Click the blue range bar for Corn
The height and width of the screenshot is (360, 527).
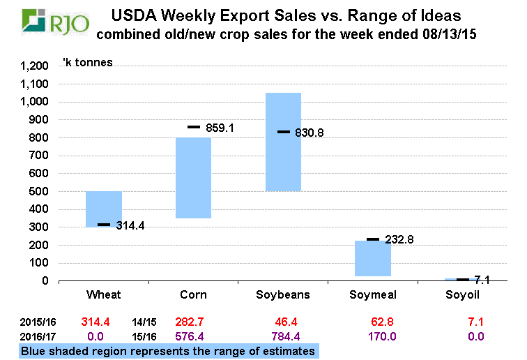pyautogui.click(x=193, y=178)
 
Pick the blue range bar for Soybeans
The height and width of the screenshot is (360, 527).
pyautogui.click(x=283, y=142)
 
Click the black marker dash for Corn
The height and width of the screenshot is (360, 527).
pyautogui.click(x=194, y=127)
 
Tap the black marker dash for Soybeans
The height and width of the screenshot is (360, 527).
pyautogui.click(x=284, y=131)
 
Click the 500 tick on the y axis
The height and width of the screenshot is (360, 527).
pyautogui.click(x=39, y=192)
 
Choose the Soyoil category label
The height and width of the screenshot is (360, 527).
pyautogui.click(x=463, y=295)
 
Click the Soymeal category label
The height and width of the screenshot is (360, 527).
pyautogui.click(x=373, y=295)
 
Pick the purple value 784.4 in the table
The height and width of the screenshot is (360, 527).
pyautogui.click(x=283, y=336)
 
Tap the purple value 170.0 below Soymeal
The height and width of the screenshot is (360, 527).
pyautogui.click(x=373, y=336)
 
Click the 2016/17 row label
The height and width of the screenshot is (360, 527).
pyautogui.click(x=36, y=336)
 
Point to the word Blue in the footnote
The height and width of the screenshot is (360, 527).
pyautogui.click(x=34, y=351)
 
